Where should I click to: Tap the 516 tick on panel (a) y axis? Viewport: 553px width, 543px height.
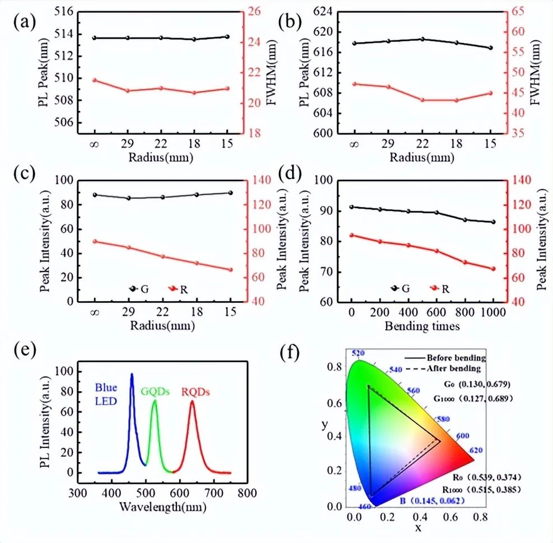[65, 11]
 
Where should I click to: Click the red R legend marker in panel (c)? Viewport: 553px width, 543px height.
[174, 288]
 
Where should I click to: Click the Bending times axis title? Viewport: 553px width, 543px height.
[421, 326]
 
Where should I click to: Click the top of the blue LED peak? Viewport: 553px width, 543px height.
[132, 374]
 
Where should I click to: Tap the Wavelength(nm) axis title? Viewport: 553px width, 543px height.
[162, 507]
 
